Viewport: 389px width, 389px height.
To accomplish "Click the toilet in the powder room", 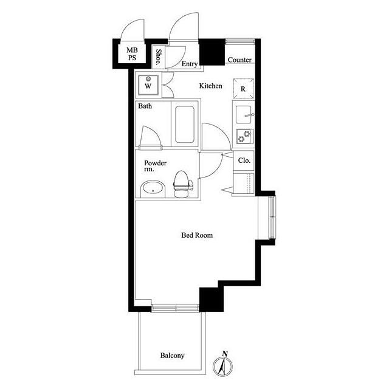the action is click(184, 184).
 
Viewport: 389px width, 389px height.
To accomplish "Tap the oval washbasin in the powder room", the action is click(153, 189).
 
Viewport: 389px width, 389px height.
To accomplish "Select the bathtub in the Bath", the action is click(185, 125).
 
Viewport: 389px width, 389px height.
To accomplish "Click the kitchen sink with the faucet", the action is click(244, 115).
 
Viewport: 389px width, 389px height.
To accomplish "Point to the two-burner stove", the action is click(244, 136).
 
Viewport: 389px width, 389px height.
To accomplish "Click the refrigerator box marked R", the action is click(243, 89).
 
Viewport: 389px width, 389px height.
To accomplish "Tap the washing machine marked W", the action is click(148, 85).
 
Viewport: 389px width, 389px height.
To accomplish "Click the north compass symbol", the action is click(223, 364).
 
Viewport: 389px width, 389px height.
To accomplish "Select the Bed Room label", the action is click(197, 235).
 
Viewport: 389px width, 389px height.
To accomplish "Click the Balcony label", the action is click(172, 356).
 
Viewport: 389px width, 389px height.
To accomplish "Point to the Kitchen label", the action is click(211, 86).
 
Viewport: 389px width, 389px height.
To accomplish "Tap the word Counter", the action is click(239, 60).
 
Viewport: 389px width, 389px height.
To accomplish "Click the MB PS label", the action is click(132, 54).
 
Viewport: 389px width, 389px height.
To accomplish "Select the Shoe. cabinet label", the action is click(158, 57).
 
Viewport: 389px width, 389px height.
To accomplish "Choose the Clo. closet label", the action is click(244, 160).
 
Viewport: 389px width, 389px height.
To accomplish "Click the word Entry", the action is click(190, 64).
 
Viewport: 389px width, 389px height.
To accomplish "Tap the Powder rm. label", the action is click(156, 166).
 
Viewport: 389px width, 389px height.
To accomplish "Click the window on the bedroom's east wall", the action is click(272, 218).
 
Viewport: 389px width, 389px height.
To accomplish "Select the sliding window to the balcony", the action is click(175, 308).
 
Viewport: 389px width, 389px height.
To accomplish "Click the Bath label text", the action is click(145, 106).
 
